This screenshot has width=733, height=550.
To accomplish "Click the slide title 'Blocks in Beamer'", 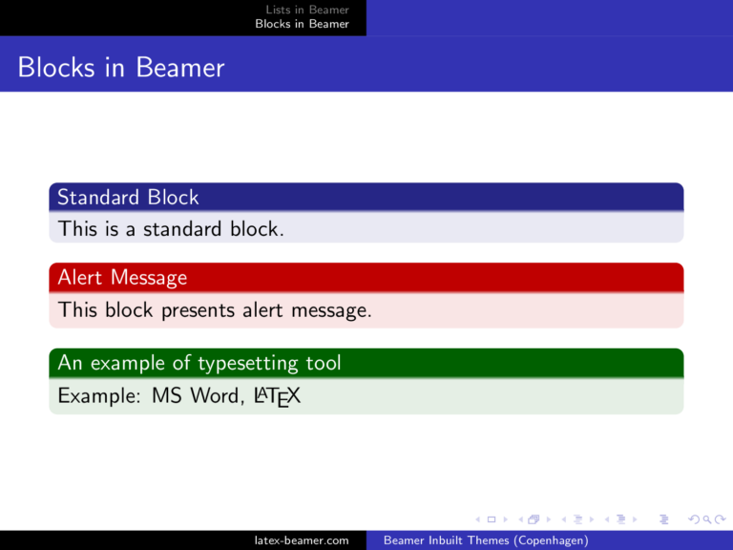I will pos(121,68).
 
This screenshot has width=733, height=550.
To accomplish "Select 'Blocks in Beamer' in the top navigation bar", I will pos(302,24).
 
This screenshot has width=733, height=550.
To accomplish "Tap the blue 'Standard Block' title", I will pos(128,198).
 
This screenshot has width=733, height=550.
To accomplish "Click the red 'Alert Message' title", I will pos(122,278).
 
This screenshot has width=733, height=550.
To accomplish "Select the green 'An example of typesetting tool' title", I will pos(199,363).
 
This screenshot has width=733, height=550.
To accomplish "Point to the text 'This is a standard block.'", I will pos(170,229).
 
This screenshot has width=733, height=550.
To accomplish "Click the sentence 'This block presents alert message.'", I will pos(214,310).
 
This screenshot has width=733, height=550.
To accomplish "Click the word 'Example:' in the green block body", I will pos(99,395).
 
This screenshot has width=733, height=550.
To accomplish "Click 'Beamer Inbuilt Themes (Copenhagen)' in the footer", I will pos(485,540).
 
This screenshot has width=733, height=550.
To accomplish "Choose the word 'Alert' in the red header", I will pos(81,278).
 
